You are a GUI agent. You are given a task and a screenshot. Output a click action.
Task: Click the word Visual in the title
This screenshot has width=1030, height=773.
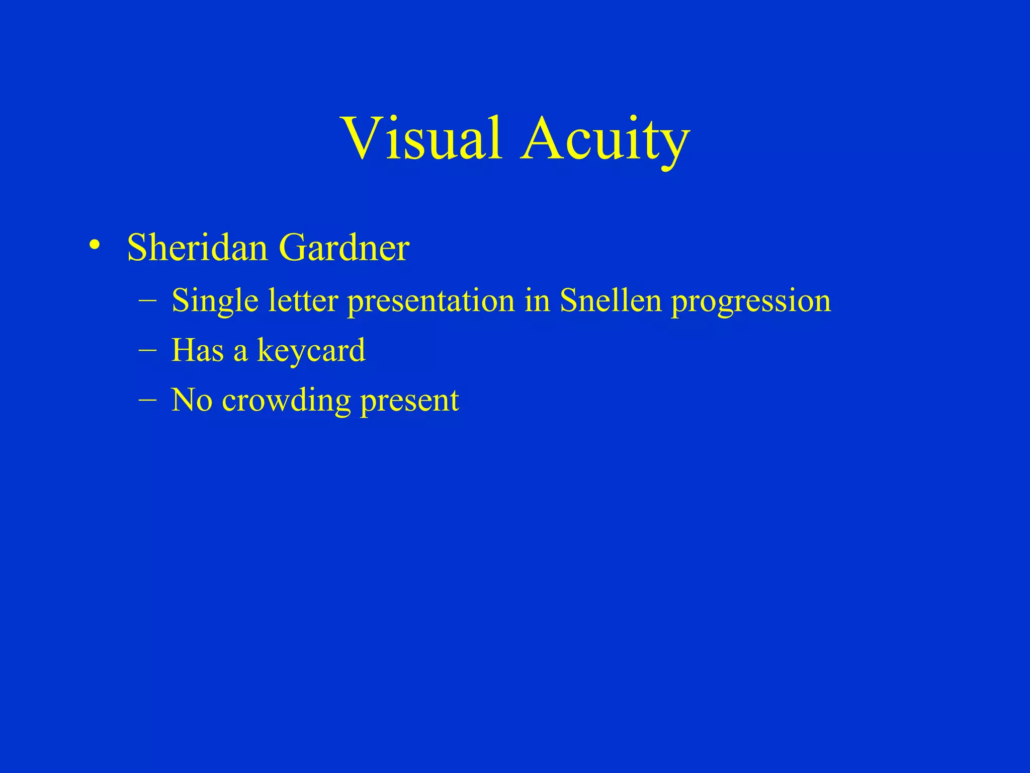coord(421,138)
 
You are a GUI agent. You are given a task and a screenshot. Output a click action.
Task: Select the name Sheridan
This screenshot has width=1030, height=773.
coord(197,248)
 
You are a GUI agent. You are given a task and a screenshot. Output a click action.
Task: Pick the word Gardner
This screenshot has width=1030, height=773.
coord(344,248)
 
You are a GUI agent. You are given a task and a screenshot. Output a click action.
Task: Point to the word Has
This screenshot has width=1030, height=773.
coord(197,350)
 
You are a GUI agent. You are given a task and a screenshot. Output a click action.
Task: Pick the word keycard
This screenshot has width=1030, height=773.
coord(311,351)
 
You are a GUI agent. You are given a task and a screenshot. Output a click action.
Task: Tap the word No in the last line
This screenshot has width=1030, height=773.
coord(192,401)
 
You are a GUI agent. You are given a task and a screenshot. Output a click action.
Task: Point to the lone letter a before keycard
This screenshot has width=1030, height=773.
coord(240,351)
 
